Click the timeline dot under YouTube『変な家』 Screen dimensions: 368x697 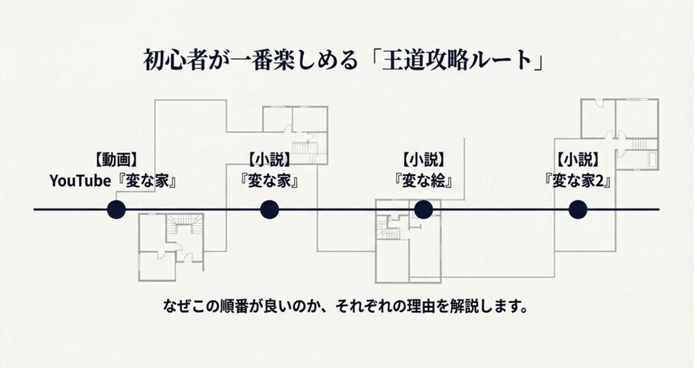pyautogui.click(x=116, y=210)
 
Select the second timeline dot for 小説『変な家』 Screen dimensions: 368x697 pyautogui.click(x=270, y=210)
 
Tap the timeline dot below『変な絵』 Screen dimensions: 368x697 pyautogui.click(x=423, y=210)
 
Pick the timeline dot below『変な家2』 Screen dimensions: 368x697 pyautogui.click(x=578, y=210)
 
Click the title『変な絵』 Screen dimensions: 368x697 pyautogui.click(x=423, y=182)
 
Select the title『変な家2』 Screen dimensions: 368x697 pyautogui.click(x=578, y=182)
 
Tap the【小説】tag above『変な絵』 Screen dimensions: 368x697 pyautogui.click(x=423, y=161)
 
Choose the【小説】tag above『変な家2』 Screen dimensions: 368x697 pyautogui.click(x=578, y=161)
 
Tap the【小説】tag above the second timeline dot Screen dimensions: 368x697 pyautogui.click(x=270, y=161)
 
